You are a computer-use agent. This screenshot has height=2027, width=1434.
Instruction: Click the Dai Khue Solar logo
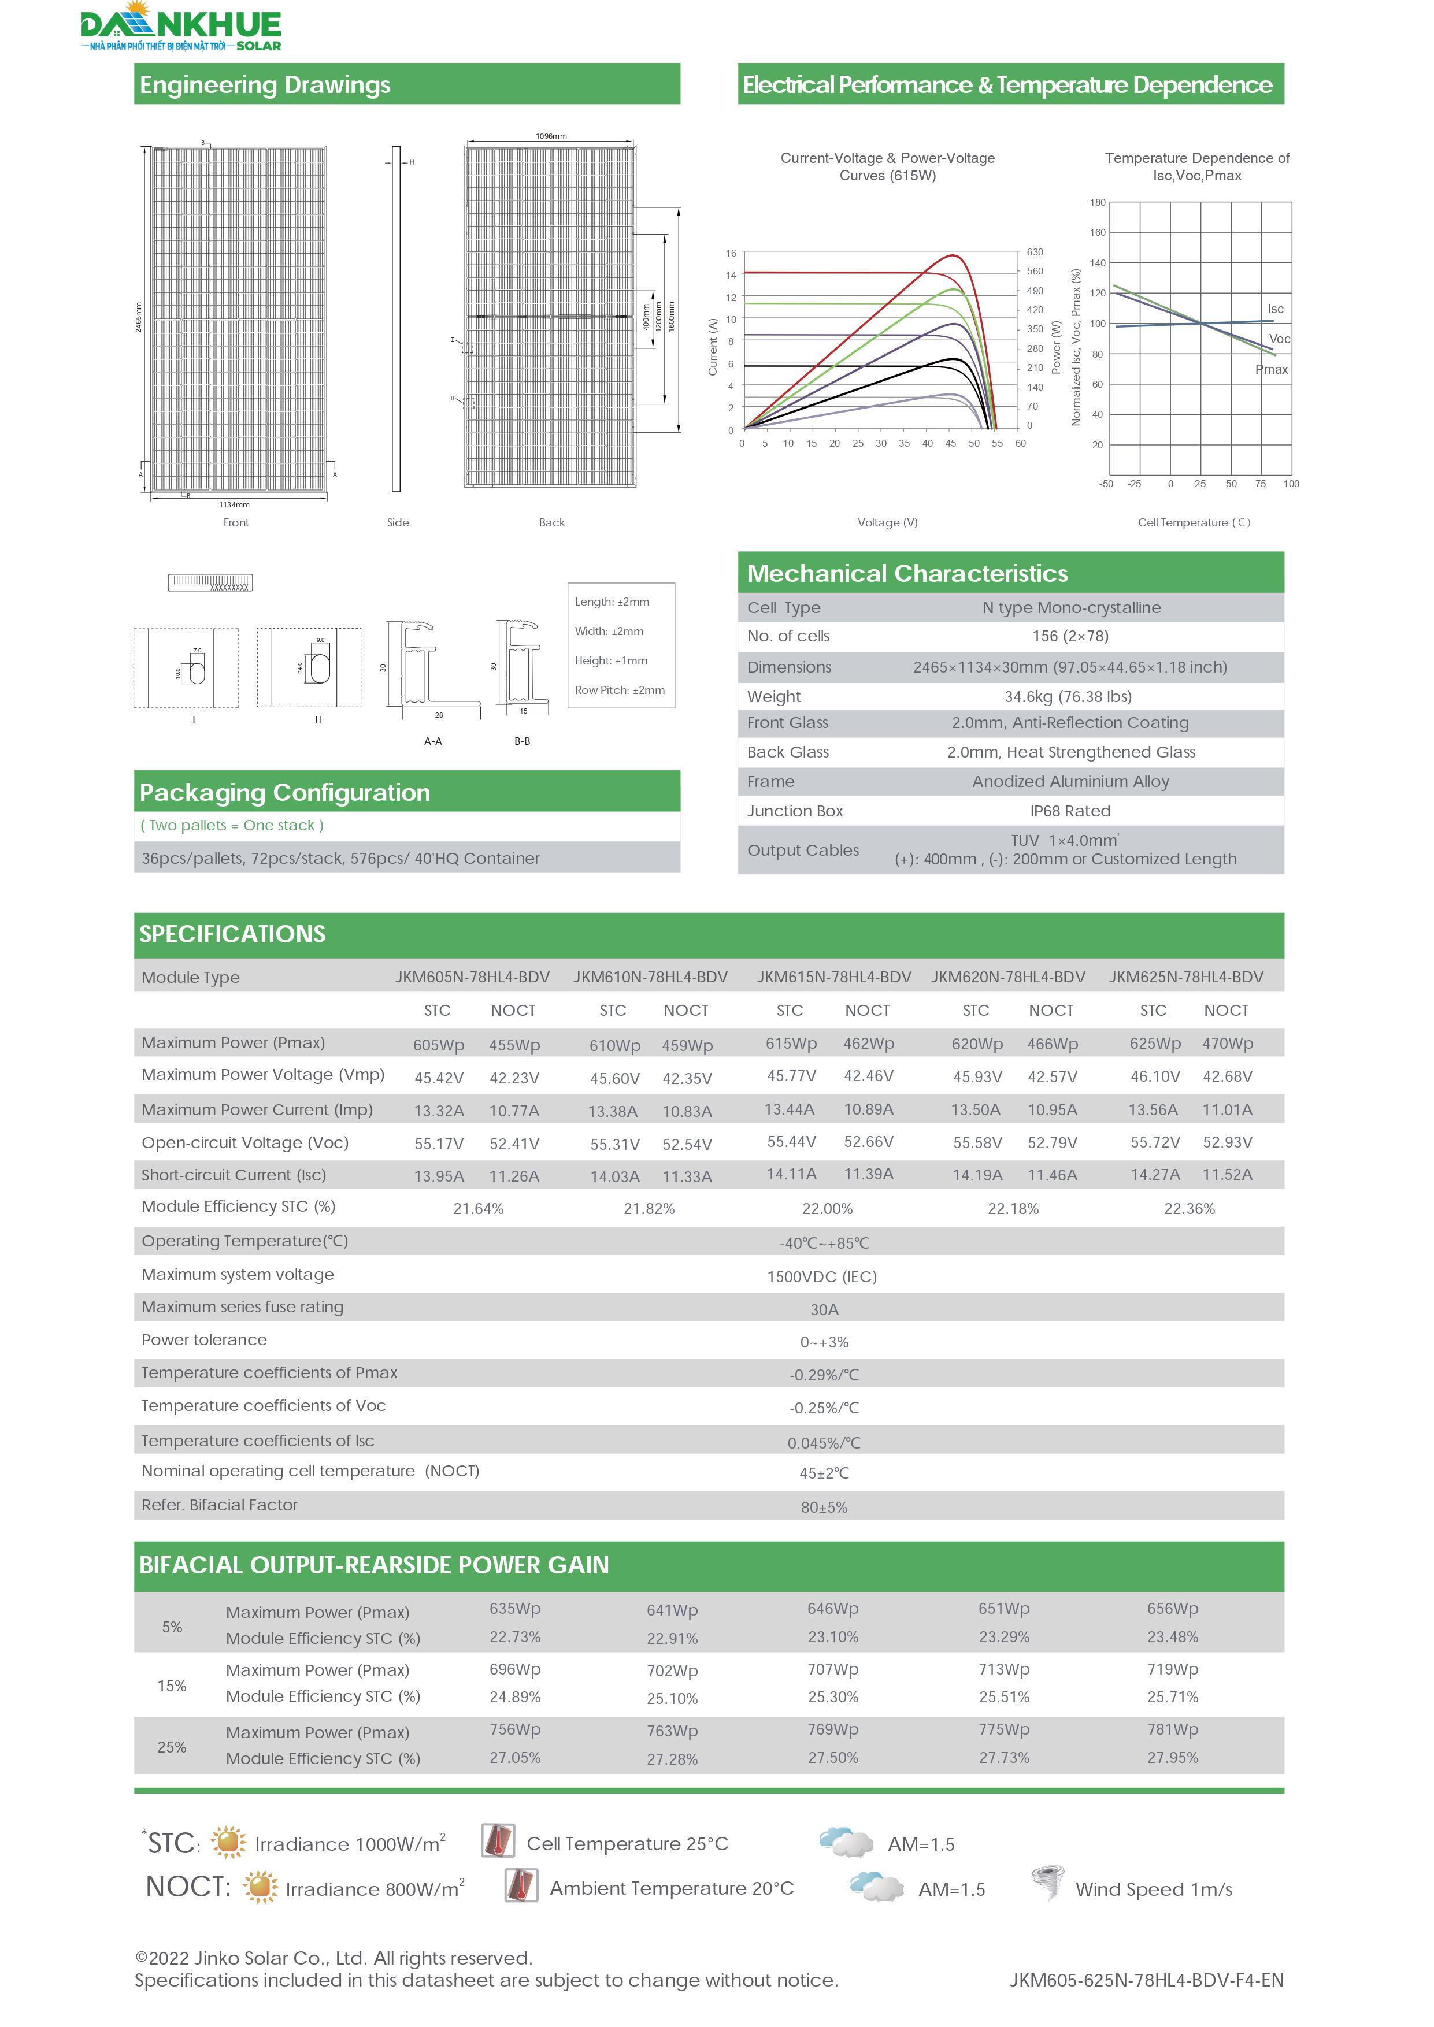point(180,27)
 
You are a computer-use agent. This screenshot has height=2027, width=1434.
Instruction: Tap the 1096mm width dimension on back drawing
point(551,136)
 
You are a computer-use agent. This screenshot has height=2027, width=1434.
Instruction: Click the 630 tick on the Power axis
point(1035,253)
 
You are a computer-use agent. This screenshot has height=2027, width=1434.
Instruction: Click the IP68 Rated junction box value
point(1069,811)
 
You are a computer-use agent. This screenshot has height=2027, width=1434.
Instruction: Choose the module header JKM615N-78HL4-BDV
point(833,977)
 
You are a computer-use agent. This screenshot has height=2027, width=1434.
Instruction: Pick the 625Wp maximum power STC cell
point(1155,1044)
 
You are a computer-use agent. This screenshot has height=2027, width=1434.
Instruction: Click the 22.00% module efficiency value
point(827,1209)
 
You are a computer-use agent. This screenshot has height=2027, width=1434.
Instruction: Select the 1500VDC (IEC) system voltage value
point(821,1276)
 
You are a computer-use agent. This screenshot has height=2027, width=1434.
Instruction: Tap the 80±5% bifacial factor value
point(824,1507)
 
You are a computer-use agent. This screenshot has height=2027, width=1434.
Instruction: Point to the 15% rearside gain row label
point(172,1686)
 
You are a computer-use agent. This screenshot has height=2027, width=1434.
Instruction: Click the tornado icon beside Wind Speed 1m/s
point(1047,1883)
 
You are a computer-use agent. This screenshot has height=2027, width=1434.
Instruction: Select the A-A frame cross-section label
point(433,741)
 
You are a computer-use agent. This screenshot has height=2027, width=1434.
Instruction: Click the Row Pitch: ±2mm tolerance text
point(620,690)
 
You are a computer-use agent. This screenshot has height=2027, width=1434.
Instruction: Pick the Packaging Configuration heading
point(284,792)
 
